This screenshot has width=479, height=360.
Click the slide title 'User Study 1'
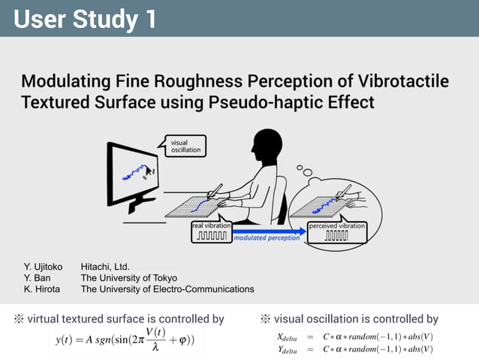[x=85, y=19]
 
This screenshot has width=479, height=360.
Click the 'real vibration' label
[x=212, y=225]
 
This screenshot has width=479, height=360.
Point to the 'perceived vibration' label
[x=337, y=225]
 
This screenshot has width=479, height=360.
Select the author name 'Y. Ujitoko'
[x=44, y=266]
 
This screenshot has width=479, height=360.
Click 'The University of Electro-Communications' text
[x=167, y=289]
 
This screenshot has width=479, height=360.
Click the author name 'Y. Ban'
[x=37, y=277]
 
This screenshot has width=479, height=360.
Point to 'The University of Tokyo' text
[x=129, y=277]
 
